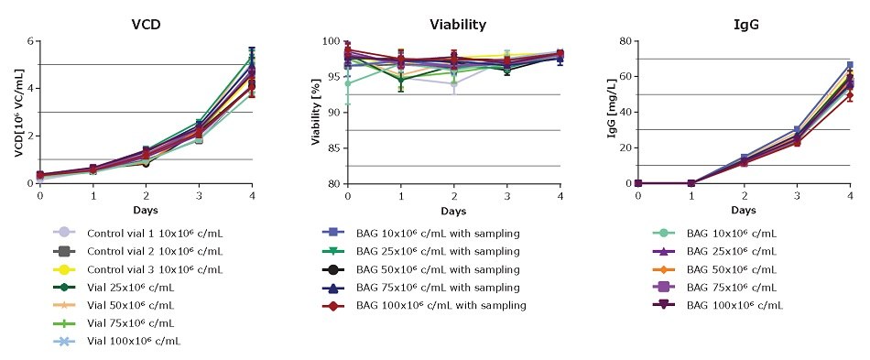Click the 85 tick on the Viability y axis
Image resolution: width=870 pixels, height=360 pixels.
[329, 147]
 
